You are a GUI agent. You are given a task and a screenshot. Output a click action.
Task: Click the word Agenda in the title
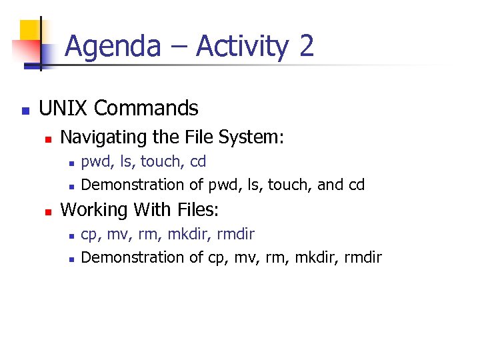[113, 47]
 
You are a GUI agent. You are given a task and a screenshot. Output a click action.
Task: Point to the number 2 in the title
[306, 47]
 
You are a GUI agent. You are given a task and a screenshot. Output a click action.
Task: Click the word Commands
[147, 108]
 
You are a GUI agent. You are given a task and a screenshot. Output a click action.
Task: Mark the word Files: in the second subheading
[196, 210]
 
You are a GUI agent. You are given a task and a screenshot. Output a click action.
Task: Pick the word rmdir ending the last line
[363, 257]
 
